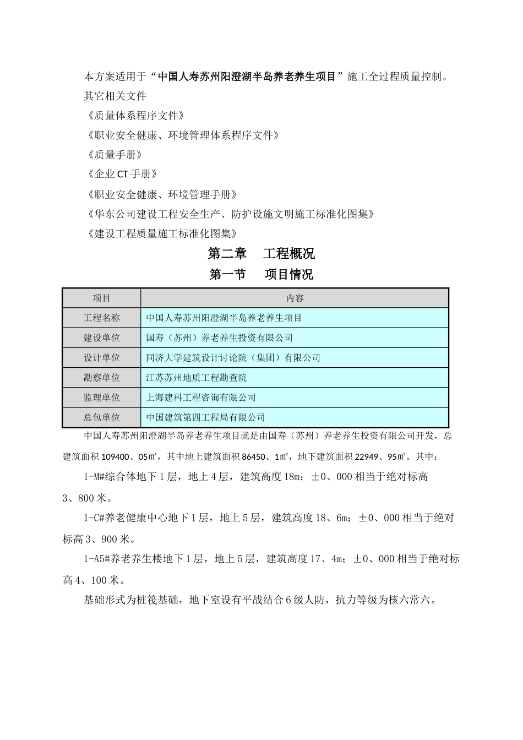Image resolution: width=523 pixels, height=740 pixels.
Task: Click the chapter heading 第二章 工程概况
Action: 261,254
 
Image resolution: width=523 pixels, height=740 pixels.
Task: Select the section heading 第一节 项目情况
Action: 261,274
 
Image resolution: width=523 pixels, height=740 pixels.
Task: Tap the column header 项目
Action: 102,298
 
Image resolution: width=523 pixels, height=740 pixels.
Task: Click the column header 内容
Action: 295,298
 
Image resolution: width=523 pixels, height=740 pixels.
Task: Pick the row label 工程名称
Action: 102,318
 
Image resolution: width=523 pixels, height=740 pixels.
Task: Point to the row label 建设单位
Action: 102,338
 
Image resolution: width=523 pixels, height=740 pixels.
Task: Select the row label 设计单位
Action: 102,358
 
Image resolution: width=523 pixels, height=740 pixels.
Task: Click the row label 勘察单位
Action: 102,378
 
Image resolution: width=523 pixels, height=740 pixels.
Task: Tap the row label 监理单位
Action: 102,398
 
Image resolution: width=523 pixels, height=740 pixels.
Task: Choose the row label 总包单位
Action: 102,417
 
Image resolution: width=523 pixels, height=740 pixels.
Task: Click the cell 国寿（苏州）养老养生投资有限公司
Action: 219,338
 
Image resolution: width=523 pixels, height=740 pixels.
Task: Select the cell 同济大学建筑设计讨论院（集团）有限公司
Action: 233,358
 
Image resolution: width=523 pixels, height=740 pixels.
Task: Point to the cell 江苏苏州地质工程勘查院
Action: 197,378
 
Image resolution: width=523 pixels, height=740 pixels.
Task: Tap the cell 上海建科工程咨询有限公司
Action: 201,398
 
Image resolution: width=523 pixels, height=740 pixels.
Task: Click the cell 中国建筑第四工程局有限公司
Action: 205,417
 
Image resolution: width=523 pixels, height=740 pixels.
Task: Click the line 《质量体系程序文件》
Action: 135,116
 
